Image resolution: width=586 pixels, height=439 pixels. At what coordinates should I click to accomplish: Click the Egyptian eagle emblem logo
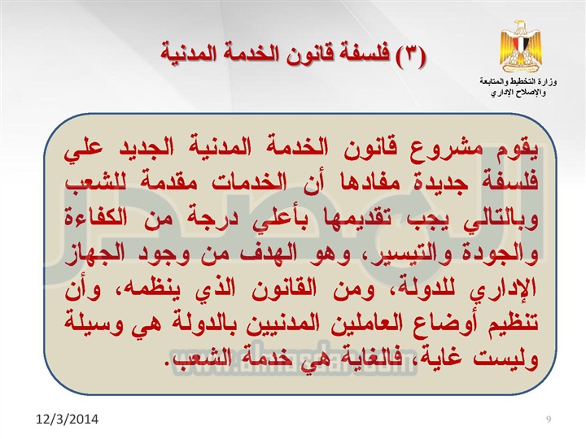521,46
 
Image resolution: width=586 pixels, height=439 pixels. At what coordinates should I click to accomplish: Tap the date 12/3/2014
68,419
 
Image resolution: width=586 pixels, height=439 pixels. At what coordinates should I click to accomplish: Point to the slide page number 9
549,419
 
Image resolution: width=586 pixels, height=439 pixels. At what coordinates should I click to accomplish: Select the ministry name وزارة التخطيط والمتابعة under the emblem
518,82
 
